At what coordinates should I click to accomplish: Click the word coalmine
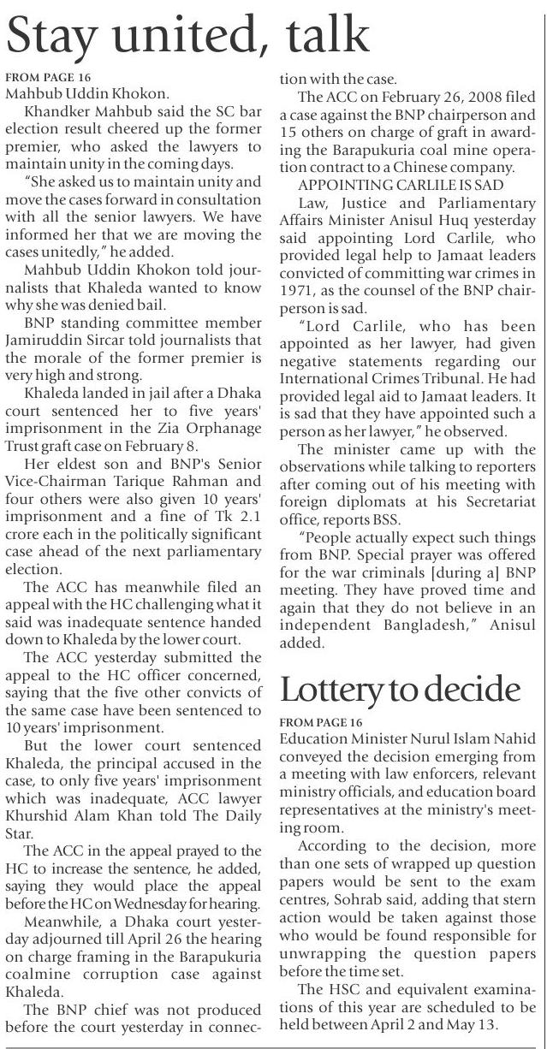(34, 977)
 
